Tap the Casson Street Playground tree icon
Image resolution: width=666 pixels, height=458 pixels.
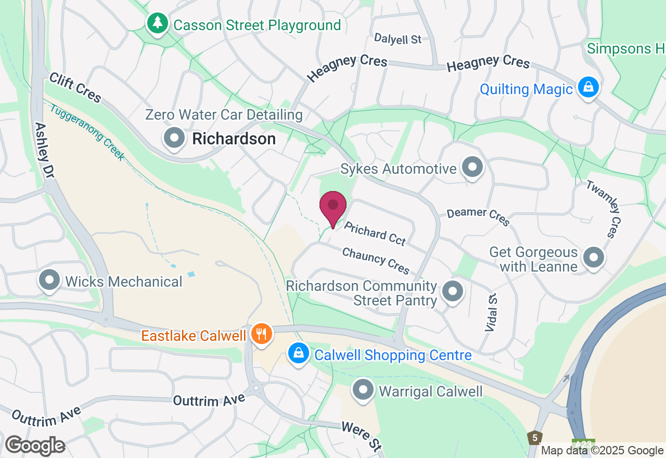click(x=157, y=23)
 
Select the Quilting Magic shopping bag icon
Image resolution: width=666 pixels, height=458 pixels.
click(x=588, y=87)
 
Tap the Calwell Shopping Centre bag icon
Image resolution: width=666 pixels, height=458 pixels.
click(x=299, y=353)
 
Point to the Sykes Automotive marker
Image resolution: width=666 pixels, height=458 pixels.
click(x=472, y=168)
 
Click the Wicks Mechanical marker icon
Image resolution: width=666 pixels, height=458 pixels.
click(x=50, y=280)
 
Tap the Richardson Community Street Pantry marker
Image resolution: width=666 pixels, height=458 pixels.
click(x=452, y=291)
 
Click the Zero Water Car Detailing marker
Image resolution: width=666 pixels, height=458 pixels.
click(x=174, y=138)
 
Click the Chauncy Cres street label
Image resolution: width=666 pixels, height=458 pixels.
click(x=376, y=260)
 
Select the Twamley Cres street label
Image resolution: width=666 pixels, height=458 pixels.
click(x=604, y=209)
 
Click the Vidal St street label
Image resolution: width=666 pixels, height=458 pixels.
click(x=491, y=312)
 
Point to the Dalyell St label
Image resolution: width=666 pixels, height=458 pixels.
click(x=398, y=39)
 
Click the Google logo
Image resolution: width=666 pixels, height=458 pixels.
click(x=35, y=446)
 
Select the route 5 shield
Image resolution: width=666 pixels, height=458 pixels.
click(x=534, y=438)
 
